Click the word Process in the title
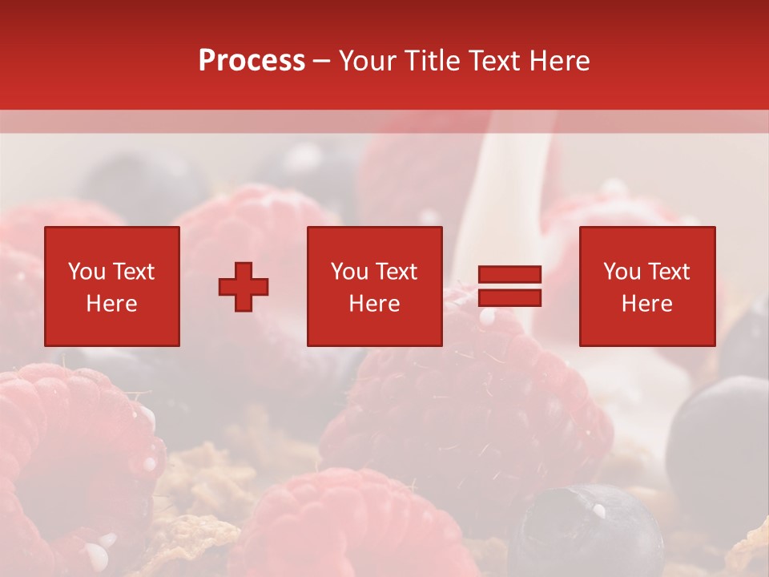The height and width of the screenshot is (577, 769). tap(252, 61)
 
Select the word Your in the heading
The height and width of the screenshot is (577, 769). tap(368, 61)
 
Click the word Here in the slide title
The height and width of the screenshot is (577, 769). tap(558, 61)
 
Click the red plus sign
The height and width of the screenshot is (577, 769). tap(244, 287)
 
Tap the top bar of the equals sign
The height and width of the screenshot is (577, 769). tap(509, 275)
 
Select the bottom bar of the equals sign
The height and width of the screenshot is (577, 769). tap(509, 298)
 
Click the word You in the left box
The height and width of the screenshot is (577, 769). tap(87, 272)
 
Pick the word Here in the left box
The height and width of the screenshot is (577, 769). tap(111, 304)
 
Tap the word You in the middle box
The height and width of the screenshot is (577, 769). tap(349, 272)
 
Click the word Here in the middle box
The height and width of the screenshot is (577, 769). tap(374, 304)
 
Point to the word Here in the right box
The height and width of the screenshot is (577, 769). tap(646, 304)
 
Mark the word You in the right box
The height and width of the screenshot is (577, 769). tap(622, 272)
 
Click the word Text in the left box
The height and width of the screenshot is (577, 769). tap(133, 272)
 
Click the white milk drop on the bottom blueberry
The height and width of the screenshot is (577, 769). tap(598, 510)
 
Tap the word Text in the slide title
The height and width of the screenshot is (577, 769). tap(490, 61)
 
